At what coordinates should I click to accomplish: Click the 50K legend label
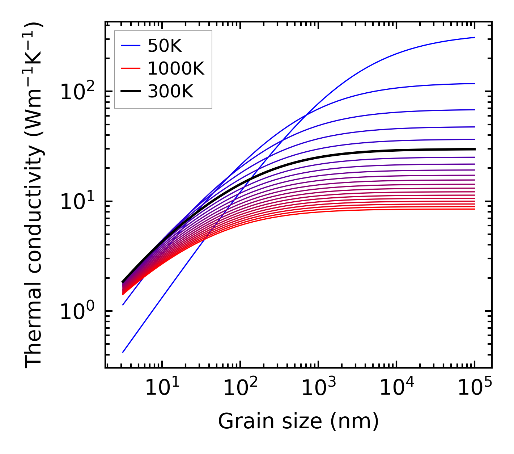pos(165,46)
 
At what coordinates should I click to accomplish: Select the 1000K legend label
pos(176,69)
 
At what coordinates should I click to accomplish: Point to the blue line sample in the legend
pos(130,46)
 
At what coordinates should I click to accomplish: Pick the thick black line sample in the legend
pos(130,92)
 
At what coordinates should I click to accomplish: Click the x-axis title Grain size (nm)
pos(298,421)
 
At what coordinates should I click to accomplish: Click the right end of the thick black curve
pos(475,149)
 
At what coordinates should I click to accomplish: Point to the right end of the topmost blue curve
pos(475,37)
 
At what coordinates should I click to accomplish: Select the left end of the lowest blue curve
pos(123,352)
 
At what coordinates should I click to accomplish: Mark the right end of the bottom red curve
pos(475,209)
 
